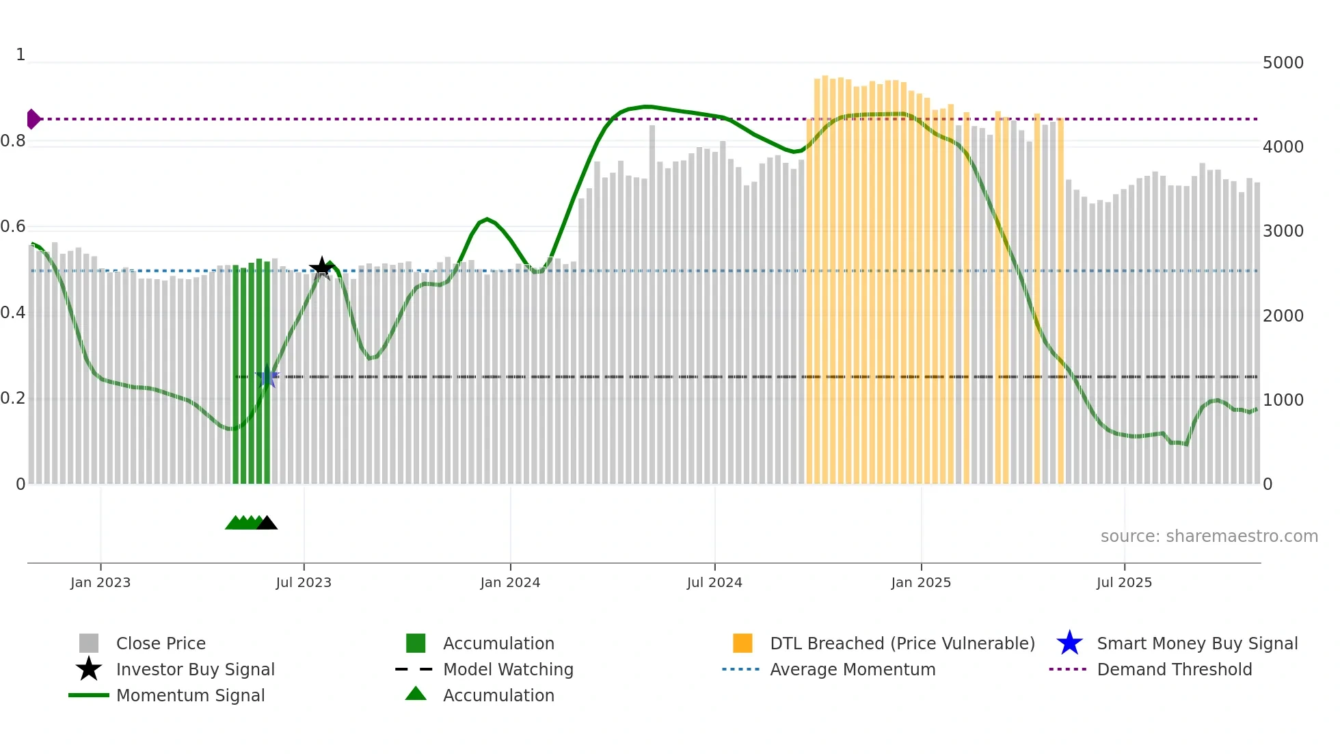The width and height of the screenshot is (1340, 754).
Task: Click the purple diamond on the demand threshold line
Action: (x=33, y=119)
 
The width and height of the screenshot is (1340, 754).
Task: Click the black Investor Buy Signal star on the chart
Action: (x=321, y=268)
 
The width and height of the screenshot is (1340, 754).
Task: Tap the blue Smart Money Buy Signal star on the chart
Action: (x=267, y=377)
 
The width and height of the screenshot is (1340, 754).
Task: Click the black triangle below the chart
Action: (x=267, y=523)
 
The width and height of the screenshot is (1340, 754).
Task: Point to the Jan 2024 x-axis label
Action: (x=510, y=582)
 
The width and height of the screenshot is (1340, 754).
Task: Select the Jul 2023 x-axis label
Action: (x=304, y=582)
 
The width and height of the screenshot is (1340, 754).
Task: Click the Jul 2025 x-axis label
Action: (x=1124, y=582)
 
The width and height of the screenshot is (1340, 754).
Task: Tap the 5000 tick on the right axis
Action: (x=1283, y=63)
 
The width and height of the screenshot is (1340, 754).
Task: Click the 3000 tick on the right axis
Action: (x=1283, y=231)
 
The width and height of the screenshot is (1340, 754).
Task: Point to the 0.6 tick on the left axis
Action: (x=13, y=226)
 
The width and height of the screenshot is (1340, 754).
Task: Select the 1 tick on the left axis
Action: (x=21, y=55)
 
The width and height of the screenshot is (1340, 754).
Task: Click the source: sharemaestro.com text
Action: (x=1209, y=536)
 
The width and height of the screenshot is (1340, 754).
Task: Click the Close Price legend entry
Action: (x=161, y=643)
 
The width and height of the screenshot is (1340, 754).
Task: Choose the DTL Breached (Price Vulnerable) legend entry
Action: (x=902, y=643)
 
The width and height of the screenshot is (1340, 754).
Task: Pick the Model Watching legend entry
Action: (x=507, y=669)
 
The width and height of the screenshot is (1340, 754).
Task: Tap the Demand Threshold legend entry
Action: (x=1174, y=669)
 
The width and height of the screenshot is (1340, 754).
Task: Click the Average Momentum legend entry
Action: (x=852, y=669)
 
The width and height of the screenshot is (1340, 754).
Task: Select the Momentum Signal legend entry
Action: (x=190, y=695)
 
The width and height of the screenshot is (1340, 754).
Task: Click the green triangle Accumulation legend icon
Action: (x=416, y=694)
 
